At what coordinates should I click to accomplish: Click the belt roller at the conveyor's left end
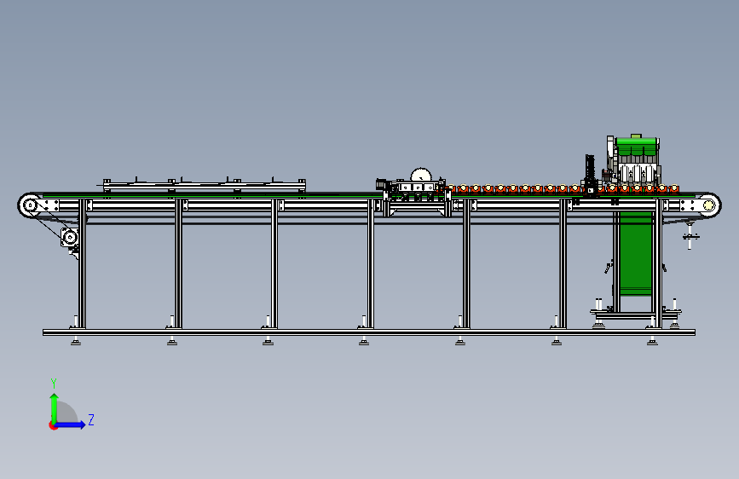click(30, 205)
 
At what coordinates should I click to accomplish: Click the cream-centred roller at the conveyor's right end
click(709, 205)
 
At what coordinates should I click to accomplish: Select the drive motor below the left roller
click(70, 237)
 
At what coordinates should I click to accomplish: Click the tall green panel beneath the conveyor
click(636, 253)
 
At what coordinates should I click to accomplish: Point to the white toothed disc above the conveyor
click(421, 175)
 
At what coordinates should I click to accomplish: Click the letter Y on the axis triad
click(54, 384)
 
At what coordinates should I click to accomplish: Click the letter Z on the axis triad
click(91, 419)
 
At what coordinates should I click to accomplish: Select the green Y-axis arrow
click(55, 408)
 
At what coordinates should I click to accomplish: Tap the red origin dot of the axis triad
click(53, 425)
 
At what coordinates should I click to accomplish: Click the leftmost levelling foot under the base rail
click(75, 341)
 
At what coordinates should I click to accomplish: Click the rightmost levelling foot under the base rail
click(652, 341)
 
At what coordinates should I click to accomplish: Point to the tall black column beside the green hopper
click(590, 172)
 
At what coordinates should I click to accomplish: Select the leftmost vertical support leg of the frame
click(82, 264)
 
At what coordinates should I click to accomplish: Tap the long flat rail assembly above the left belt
click(204, 185)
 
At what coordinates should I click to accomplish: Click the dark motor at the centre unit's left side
click(381, 184)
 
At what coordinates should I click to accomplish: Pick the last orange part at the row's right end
click(674, 189)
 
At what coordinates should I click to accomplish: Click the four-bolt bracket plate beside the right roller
click(689, 205)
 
